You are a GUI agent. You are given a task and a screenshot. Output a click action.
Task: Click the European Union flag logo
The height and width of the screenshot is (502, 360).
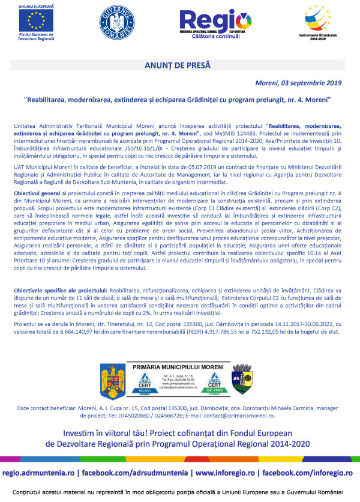coord(39,23)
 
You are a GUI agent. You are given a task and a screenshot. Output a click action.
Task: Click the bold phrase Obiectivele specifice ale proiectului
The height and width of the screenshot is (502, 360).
coord(58,290)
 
